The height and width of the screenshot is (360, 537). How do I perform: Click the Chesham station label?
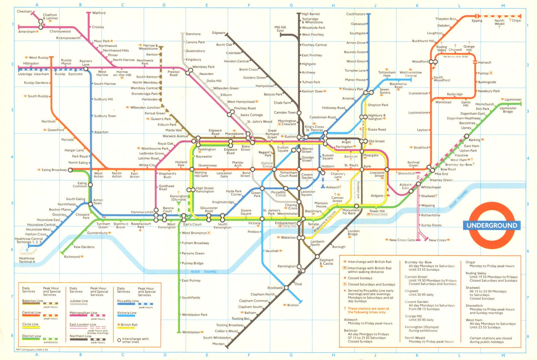[x=24, y=11]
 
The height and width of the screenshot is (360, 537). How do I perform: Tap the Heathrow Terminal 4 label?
[x=27, y=260]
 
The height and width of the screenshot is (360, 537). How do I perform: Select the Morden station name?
[x=218, y=344]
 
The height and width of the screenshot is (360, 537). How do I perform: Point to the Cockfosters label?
[x=355, y=14]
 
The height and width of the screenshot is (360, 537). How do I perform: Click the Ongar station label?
[x=516, y=20]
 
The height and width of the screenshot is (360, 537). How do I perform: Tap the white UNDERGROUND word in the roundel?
[x=492, y=225]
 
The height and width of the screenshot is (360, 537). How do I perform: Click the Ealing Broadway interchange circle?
[x=70, y=170]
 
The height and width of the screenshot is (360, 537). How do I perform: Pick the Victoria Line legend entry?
[x=127, y=313]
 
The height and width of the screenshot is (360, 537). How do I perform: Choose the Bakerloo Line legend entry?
[x=33, y=301]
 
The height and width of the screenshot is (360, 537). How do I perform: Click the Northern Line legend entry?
[x=80, y=336]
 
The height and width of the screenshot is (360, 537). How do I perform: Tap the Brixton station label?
[x=293, y=305]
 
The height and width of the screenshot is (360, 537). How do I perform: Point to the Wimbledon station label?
[x=191, y=332]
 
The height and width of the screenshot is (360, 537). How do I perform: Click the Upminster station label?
[x=513, y=100]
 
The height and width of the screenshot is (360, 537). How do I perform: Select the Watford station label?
[x=99, y=13]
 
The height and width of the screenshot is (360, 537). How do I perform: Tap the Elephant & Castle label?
[x=326, y=262]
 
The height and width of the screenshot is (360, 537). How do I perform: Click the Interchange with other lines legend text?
[x=135, y=340]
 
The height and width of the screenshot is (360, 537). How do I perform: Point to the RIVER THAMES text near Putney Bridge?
[x=203, y=272]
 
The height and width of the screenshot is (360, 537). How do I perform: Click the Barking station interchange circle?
[x=467, y=136]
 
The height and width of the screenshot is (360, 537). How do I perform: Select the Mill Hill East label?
[x=280, y=29]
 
